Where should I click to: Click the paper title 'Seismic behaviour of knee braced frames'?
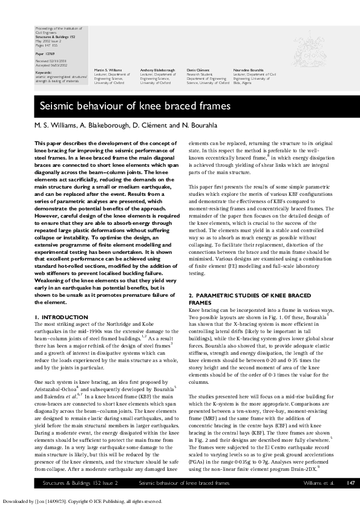[135, 107]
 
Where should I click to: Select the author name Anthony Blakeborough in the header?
[158, 70]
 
